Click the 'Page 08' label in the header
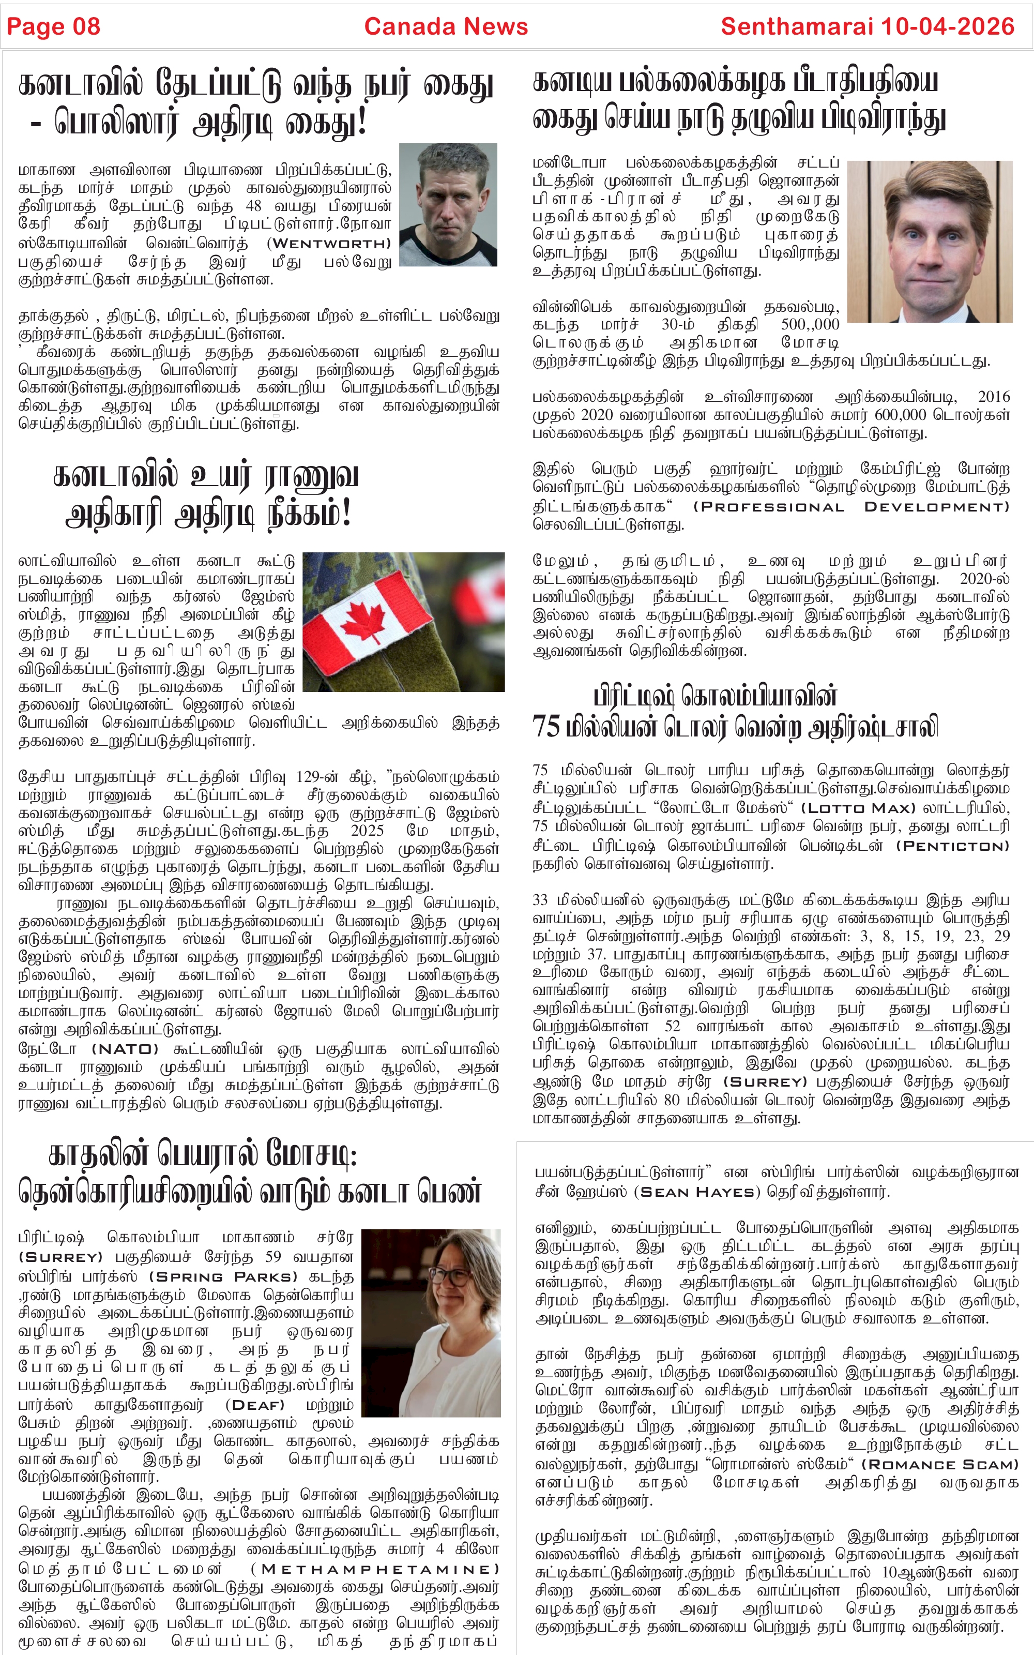[53, 27]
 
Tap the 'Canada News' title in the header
[446, 27]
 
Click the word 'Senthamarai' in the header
[797, 27]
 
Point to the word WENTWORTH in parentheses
[329, 244]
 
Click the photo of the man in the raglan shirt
[448, 204]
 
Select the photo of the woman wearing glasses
[431, 1322]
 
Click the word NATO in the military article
[125, 1049]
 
